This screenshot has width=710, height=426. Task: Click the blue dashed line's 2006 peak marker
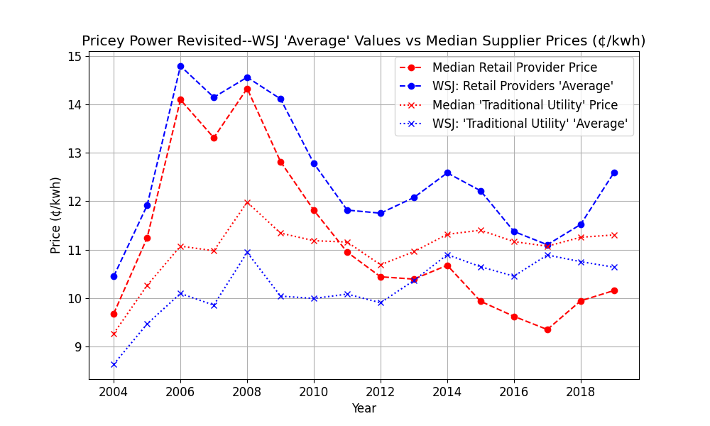[x=180, y=66]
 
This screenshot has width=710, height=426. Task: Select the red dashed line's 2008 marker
[x=247, y=89]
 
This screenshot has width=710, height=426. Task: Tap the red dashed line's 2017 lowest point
[x=547, y=329]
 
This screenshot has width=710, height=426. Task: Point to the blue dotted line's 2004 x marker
[x=114, y=364]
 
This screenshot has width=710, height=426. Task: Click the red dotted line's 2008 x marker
[x=247, y=202]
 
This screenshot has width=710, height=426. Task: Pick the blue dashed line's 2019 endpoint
[x=614, y=173]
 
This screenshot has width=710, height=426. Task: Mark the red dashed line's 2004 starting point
[x=114, y=314]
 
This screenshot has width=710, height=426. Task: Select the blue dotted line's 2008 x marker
[x=247, y=252]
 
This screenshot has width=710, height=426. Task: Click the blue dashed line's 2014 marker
[x=447, y=173]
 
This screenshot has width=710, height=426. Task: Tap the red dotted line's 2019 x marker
[x=614, y=235]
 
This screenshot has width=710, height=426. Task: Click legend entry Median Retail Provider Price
[x=514, y=68]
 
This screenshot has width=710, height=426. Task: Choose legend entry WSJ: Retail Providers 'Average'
[x=523, y=87]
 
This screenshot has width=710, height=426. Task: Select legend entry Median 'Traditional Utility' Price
[x=525, y=105]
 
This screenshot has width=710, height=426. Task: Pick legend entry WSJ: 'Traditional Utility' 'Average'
[x=530, y=124]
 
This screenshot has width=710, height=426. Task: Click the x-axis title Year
[x=364, y=408]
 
